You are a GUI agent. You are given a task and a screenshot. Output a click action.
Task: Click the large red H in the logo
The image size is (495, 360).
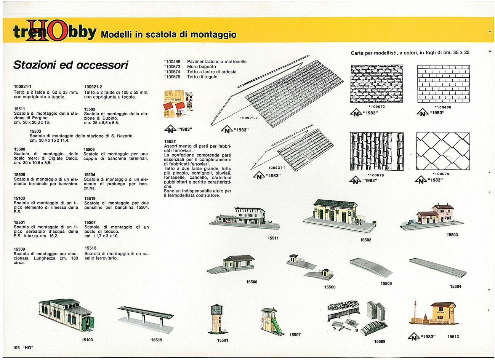tap(37, 30)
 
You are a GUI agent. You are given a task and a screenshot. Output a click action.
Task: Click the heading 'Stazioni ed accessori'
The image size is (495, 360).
tap(71, 65)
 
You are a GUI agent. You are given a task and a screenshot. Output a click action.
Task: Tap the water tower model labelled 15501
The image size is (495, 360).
tap(217, 319)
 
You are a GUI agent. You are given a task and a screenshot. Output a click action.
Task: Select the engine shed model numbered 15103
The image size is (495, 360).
tap(67, 315)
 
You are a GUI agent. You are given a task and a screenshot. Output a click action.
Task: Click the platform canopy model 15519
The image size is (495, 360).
tap(146, 320)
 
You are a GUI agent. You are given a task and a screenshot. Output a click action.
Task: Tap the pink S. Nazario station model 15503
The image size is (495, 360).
tap(432, 217)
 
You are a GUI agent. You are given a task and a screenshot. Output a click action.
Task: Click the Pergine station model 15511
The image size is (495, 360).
tap(244, 218)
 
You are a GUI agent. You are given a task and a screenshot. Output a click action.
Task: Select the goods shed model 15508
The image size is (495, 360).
tap(231, 265)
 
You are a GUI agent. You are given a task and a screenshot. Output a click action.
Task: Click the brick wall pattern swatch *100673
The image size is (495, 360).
tap(376, 84)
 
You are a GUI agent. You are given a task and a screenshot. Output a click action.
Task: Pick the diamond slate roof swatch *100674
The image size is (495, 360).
tap(443, 151)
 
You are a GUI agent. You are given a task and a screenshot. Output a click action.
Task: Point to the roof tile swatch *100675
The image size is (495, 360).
tap(377, 151)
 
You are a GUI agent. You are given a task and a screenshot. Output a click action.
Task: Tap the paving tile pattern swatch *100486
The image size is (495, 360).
tap(444, 84)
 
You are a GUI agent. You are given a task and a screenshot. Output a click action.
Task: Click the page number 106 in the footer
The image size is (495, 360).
tap(16, 348)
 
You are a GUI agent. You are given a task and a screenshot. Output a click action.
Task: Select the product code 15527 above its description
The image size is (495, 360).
tap(170, 141)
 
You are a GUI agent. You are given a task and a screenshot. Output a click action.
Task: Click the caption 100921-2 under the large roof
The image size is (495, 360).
tap(249, 118)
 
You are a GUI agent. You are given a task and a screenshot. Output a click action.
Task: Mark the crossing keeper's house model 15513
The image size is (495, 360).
tap(434, 314)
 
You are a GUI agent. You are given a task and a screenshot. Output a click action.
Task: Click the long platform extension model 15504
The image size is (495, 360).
tap(437, 268)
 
